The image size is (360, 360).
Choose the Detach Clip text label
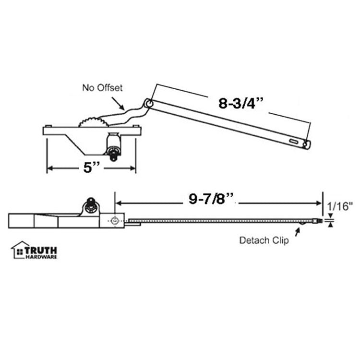point(264,240)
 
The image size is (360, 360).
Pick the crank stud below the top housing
point(114,149)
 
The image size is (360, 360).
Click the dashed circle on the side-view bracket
point(114,220)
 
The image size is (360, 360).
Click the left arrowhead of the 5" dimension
point(48,168)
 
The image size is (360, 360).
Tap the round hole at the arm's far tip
point(305,143)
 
